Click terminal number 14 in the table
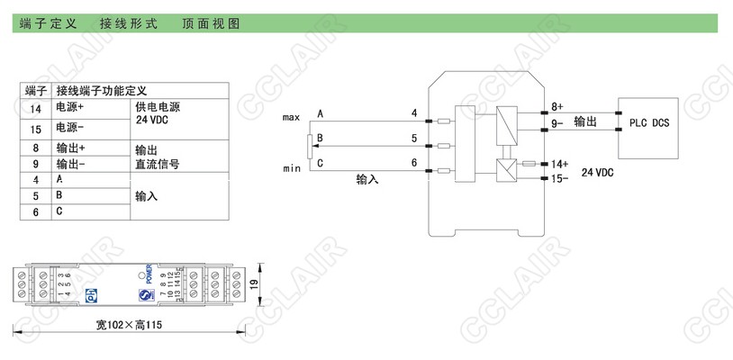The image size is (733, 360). [36, 108]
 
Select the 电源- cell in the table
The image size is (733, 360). [69, 128]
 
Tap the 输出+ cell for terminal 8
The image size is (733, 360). [70, 147]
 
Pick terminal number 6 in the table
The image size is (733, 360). [36, 212]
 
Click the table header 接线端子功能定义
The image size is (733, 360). [107, 91]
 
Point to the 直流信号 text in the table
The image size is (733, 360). [157, 164]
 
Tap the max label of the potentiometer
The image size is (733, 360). [291, 118]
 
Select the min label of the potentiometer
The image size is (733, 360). [291, 168]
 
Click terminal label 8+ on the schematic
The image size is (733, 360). [557, 106]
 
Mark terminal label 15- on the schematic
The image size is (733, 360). [558, 179]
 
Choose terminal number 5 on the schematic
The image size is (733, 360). [413, 139]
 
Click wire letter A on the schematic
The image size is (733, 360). [321, 113]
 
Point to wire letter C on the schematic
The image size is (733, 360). [321, 162]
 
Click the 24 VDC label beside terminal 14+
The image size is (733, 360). [597, 172]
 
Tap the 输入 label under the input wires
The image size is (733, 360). [367, 180]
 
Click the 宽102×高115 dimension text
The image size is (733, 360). [134, 324]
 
